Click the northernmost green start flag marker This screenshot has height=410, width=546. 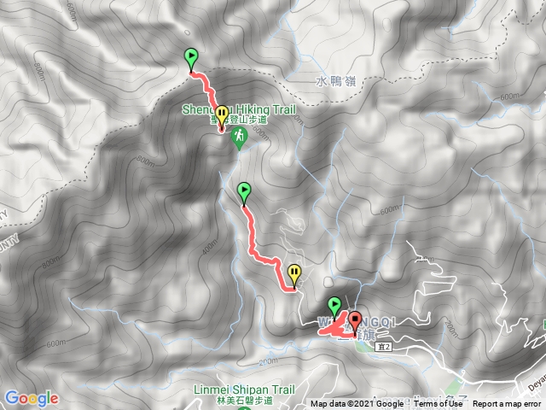point(191,58)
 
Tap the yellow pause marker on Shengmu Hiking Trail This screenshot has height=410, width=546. point(222,114)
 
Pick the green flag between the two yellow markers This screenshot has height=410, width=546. point(245,190)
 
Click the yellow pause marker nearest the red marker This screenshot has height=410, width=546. point(294,273)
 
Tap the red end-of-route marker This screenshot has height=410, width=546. point(354,323)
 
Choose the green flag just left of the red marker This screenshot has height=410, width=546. point(334,306)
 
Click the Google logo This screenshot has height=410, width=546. point(31,398)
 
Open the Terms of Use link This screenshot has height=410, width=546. point(439,404)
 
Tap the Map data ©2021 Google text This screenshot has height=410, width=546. point(357,404)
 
